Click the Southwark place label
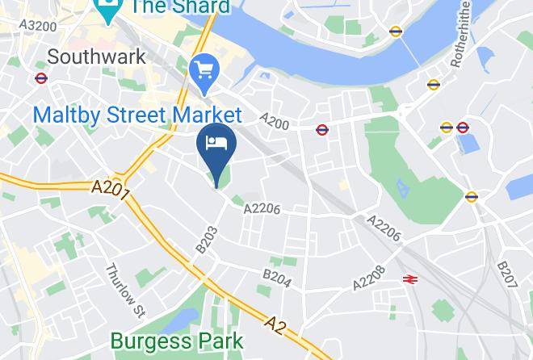(97, 57)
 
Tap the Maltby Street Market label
(137, 115)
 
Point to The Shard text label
(180, 7)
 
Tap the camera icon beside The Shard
(106, 7)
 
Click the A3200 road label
(38, 26)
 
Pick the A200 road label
(275, 119)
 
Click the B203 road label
(207, 240)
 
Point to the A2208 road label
(370, 276)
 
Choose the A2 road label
(276, 324)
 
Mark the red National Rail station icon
(410, 279)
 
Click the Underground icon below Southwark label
(41, 78)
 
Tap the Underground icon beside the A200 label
(321, 128)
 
